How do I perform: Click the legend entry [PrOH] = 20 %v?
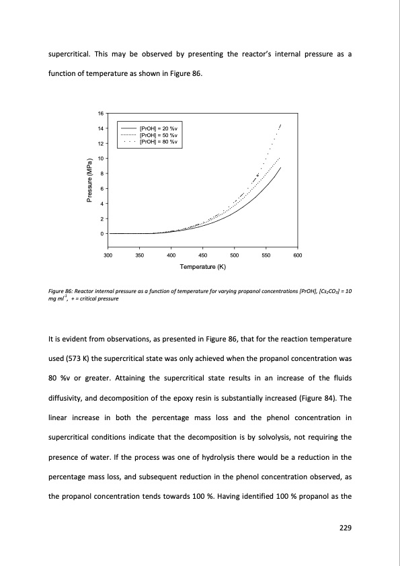(158, 128)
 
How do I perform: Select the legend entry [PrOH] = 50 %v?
(158, 135)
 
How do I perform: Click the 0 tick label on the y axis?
(101, 234)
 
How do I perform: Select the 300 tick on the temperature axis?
(108, 255)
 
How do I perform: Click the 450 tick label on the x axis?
(203, 255)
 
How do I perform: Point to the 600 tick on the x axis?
(298, 255)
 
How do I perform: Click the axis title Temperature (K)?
(203, 268)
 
